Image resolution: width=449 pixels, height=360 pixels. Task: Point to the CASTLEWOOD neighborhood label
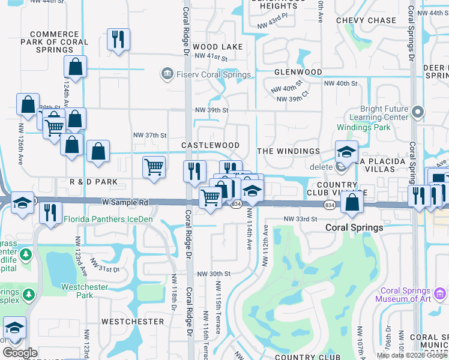(x=210, y=146)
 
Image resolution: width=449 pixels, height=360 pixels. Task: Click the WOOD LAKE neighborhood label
(x=218, y=47)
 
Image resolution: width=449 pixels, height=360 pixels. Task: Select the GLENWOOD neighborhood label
(x=298, y=72)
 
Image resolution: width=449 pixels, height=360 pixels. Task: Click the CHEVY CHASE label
(x=366, y=20)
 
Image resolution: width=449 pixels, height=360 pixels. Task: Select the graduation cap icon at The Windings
(x=346, y=152)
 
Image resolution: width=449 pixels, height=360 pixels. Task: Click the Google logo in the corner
(x=20, y=353)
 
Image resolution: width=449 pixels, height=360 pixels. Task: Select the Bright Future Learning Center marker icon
(x=418, y=111)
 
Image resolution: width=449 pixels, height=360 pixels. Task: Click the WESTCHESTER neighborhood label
(x=133, y=322)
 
